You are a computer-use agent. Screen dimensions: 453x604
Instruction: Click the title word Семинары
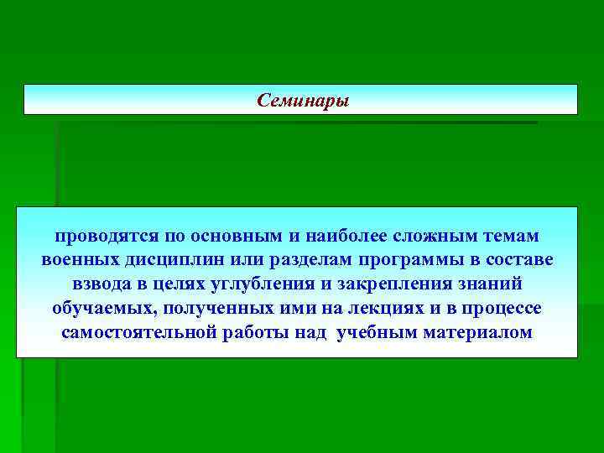[302, 101]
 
